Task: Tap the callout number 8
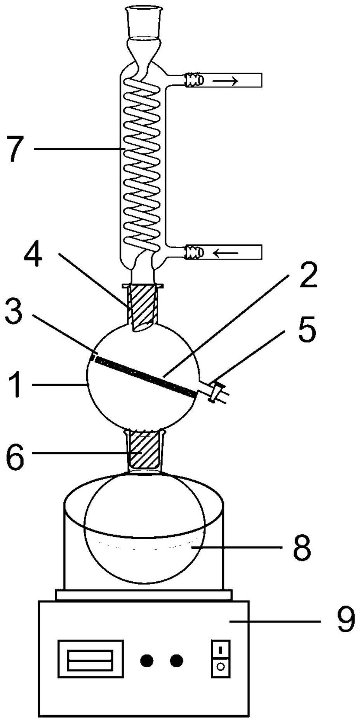[302, 548]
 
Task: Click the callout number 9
[345, 621]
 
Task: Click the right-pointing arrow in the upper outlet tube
[225, 80]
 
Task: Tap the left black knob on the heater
[146, 660]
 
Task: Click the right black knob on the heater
[176, 660]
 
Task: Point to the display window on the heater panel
[90, 660]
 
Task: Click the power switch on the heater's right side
[220, 659]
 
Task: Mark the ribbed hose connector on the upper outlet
[193, 80]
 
